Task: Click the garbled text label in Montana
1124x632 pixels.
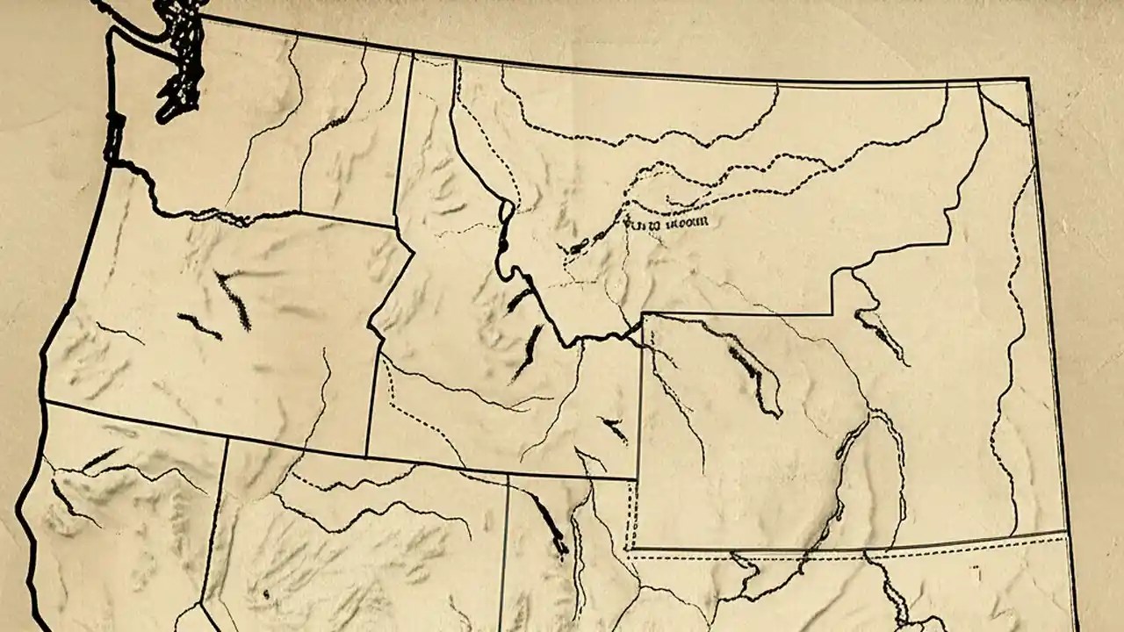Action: pos(665,223)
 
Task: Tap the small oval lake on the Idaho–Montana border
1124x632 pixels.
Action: pos(506,211)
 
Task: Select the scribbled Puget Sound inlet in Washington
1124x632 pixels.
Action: pos(182,61)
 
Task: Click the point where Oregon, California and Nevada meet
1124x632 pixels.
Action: pos(227,440)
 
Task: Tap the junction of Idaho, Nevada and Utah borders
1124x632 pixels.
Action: pos(508,476)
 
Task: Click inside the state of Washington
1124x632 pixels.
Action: pos(263,132)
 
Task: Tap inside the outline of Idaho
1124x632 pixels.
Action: pos(457,351)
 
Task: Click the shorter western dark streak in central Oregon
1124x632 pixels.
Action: pos(198,327)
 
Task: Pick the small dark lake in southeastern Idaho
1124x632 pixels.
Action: pos(615,430)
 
